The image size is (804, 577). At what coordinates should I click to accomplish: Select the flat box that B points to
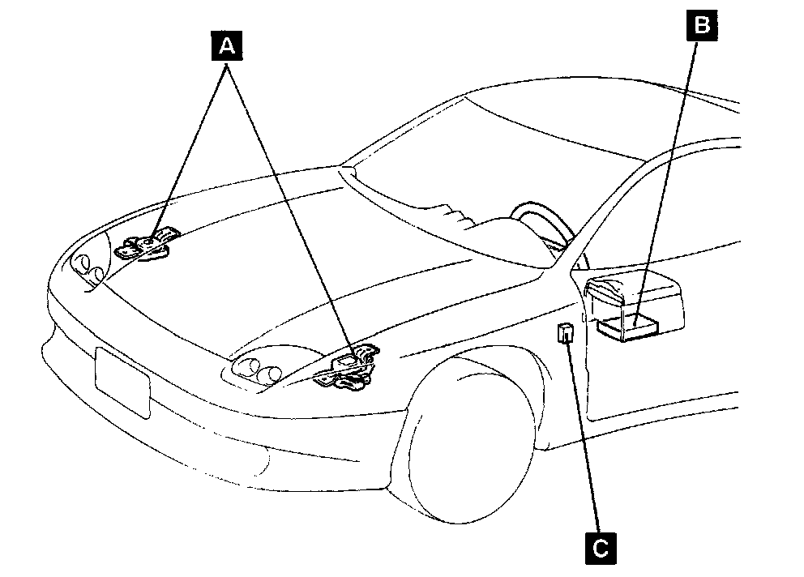pyautogui.click(x=628, y=327)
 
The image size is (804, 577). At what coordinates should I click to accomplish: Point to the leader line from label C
pyautogui.click(x=584, y=438)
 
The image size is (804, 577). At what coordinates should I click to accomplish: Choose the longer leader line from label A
pyautogui.click(x=292, y=211)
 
